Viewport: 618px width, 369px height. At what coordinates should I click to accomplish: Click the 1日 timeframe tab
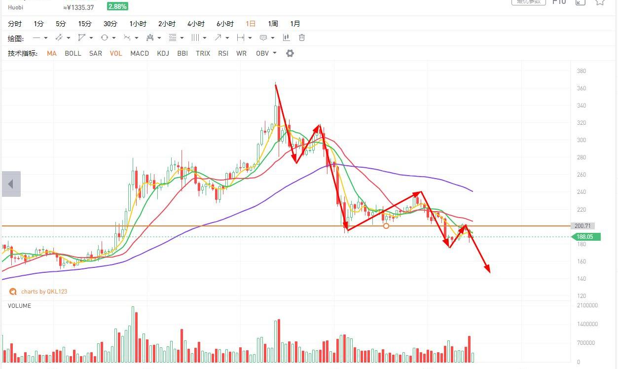251,24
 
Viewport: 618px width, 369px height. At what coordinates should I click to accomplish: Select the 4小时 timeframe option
196,24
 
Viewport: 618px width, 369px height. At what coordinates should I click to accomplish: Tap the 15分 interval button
85,24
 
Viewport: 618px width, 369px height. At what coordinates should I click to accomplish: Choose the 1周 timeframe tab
273,24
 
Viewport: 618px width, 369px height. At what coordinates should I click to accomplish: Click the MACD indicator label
140,53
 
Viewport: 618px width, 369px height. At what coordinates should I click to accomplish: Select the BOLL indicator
73,53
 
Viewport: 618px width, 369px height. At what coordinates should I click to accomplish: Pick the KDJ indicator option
163,53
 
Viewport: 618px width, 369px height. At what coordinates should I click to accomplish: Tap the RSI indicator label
223,53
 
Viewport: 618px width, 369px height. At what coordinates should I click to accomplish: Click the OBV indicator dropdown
266,53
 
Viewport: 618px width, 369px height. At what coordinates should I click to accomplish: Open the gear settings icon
290,53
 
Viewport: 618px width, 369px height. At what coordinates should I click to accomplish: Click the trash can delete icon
302,37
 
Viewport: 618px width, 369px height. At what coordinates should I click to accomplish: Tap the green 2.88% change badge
117,6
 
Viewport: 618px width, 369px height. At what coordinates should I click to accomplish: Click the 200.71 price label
583,226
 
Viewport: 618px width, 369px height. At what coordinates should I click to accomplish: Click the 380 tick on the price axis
582,71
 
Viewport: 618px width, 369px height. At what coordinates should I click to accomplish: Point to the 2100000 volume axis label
587,305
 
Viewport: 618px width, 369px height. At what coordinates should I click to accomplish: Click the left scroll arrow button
11,184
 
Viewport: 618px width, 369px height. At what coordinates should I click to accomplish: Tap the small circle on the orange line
386,226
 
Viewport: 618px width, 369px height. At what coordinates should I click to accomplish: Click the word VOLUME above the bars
19,306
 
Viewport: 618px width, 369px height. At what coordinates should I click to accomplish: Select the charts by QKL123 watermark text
44,292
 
